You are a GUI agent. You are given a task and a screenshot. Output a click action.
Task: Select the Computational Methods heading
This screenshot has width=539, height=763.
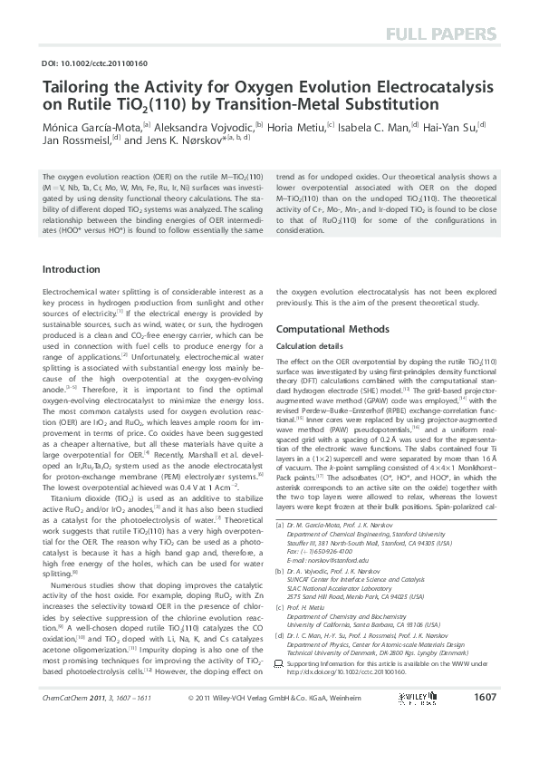click(x=334, y=329)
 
